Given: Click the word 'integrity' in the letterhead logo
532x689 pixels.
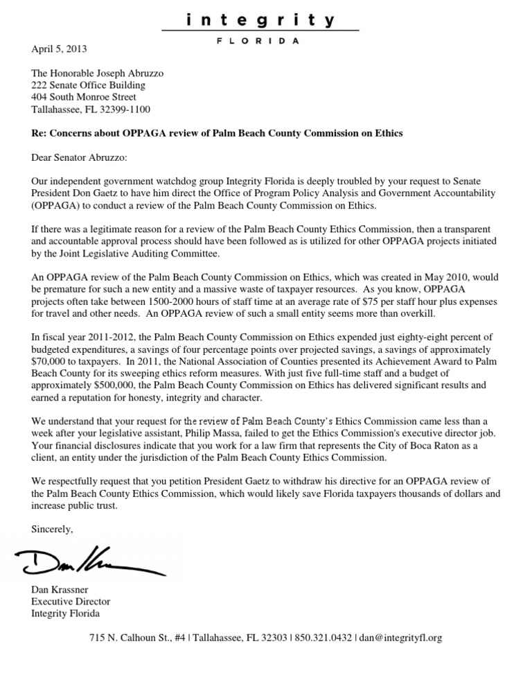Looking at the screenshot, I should click(260, 21).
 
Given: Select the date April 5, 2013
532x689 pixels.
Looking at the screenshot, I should click(60, 49).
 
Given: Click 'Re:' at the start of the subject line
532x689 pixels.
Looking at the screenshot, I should click(39, 133).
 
